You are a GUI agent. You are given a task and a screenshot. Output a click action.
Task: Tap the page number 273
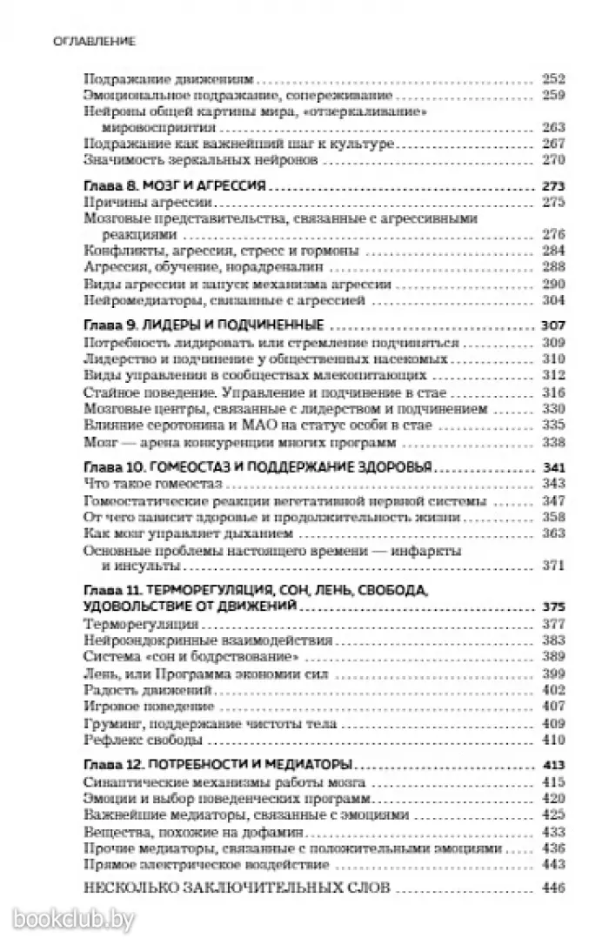[x=553, y=186]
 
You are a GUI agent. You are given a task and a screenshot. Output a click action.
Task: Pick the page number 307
[x=553, y=325]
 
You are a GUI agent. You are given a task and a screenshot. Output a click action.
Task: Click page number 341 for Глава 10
[x=553, y=466]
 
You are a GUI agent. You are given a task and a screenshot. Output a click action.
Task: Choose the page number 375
[x=553, y=607]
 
